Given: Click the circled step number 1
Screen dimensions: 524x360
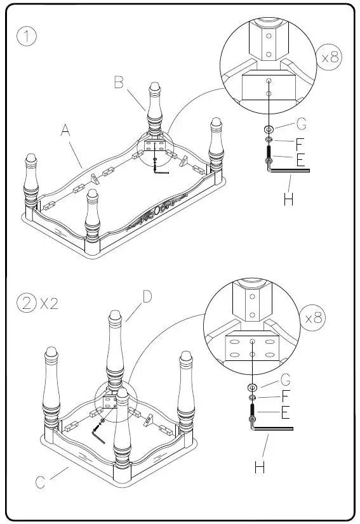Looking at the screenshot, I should (x=27, y=37).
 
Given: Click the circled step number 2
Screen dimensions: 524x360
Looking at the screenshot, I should (x=26, y=303).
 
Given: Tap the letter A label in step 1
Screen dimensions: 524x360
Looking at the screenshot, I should (x=65, y=131).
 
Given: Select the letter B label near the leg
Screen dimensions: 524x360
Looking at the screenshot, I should (x=119, y=82).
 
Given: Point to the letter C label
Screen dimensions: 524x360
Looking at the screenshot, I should (x=40, y=483).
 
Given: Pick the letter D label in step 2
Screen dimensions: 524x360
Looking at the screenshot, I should (x=147, y=297).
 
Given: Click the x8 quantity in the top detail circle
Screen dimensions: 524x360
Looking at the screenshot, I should (x=330, y=58).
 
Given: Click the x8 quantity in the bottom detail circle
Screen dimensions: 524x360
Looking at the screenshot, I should (x=314, y=317).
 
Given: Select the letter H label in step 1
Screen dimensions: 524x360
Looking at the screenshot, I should (x=288, y=200).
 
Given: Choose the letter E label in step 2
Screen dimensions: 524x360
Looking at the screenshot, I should (x=285, y=414).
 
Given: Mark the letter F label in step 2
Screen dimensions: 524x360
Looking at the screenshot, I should (x=286, y=396).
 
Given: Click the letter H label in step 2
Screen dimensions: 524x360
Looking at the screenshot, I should (x=259, y=468).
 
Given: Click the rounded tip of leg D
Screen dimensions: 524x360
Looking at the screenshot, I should (x=115, y=315).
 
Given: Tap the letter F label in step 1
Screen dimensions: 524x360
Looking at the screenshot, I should (x=300, y=145).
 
